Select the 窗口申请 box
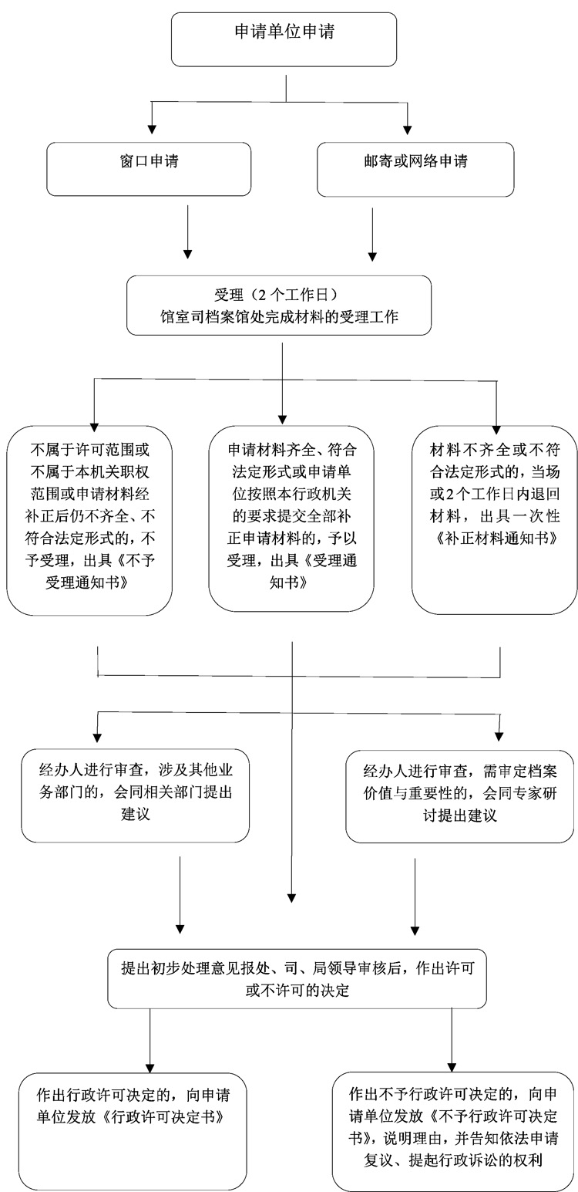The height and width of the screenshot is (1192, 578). coord(148,168)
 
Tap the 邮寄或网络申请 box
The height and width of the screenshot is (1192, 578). coord(416,168)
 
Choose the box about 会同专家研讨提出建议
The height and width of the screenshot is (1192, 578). coord(459,795)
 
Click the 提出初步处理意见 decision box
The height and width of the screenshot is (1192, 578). coord(297,979)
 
